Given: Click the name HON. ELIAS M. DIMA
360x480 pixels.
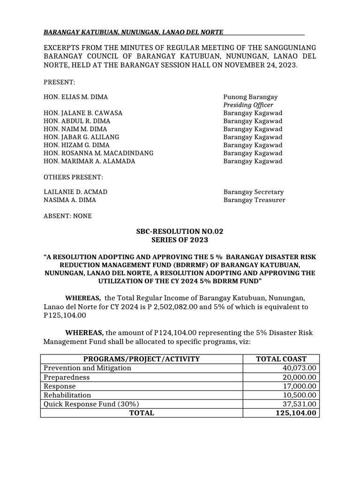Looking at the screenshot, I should (75, 97).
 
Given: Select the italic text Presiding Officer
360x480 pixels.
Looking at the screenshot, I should (248, 105).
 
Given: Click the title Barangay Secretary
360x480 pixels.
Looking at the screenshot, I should (253, 192).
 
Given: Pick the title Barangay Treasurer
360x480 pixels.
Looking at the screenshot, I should (254, 200).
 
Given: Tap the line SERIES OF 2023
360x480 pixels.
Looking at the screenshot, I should (180, 240).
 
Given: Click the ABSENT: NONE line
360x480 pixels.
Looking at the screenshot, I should (67, 216).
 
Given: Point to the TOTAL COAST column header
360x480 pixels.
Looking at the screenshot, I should (281, 359).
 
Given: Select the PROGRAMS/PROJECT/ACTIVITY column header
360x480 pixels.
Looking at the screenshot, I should (142, 359).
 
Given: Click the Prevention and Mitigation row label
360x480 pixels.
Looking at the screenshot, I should (87, 368).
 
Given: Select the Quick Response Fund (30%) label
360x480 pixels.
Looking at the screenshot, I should (91, 404).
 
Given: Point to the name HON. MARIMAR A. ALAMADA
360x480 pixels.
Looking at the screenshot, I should (89, 161).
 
